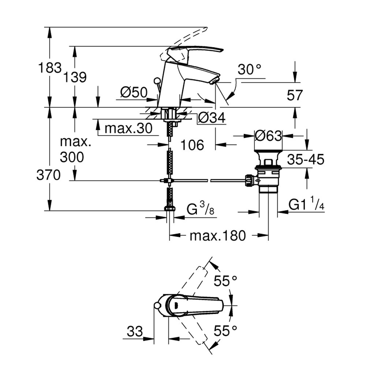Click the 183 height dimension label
click(x=50, y=68)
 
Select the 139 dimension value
click(x=75, y=77)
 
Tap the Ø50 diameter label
click(x=133, y=93)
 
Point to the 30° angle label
click(x=250, y=70)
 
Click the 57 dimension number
click(x=295, y=96)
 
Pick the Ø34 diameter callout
click(x=211, y=118)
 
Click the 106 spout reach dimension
click(x=192, y=145)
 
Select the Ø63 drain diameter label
click(x=268, y=136)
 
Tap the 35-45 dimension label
click(x=306, y=160)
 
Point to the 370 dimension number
click(x=48, y=176)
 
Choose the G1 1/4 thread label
click(x=306, y=206)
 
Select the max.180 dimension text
click(x=217, y=236)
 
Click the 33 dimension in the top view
click(x=135, y=332)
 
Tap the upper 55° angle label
click(x=225, y=281)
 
